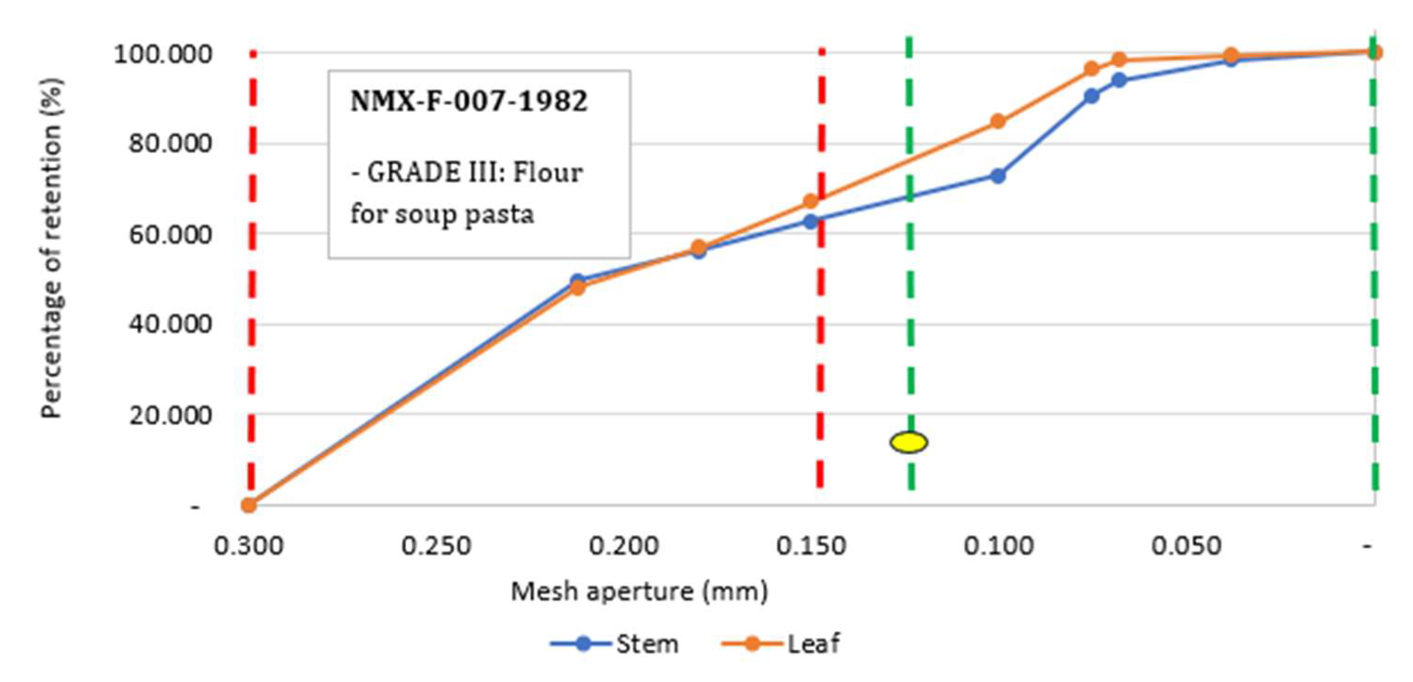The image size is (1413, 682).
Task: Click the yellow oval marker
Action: (x=908, y=442)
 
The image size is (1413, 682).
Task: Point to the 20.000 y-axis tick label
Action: (x=170, y=415)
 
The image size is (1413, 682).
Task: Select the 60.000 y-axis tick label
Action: (x=170, y=234)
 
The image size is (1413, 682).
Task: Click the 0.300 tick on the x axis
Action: (x=249, y=546)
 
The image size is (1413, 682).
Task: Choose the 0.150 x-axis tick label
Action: (x=811, y=546)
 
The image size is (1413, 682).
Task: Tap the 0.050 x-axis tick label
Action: (x=1186, y=546)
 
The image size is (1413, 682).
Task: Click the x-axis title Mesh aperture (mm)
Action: (x=639, y=592)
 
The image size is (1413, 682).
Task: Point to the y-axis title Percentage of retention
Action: (x=52, y=250)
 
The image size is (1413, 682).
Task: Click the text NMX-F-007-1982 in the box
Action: (x=469, y=102)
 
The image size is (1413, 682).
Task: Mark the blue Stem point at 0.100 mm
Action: (x=998, y=176)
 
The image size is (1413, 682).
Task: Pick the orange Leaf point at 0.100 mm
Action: (x=998, y=121)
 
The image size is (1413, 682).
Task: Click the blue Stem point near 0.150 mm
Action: (x=811, y=222)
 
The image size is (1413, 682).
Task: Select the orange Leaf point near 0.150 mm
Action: (x=811, y=201)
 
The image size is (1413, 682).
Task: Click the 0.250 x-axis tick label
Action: (x=436, y=546)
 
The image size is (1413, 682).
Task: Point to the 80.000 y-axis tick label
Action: (x=170, y=144)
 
